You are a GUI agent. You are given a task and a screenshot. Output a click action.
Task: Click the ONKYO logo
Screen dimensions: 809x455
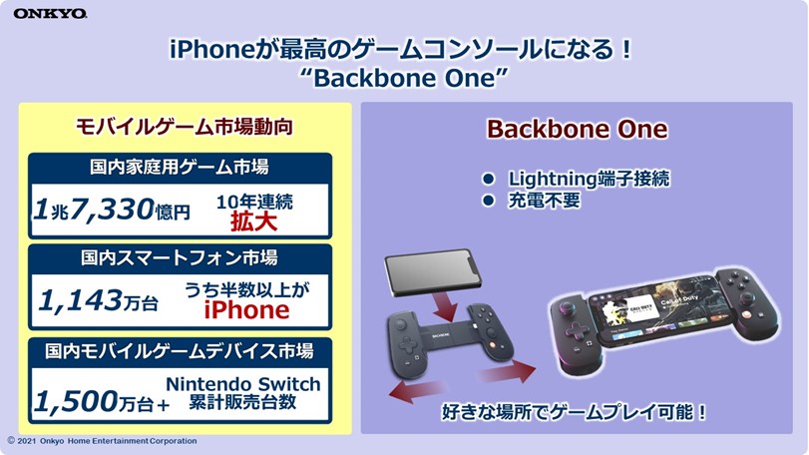(x=50, y=13)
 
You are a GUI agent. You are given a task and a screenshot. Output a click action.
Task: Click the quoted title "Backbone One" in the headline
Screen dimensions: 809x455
(x=404, y=78)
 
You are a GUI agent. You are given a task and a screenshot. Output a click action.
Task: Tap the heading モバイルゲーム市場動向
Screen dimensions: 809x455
(x=185, y=127)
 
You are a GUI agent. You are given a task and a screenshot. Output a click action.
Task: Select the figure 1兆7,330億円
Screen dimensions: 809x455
(x=112, y=210)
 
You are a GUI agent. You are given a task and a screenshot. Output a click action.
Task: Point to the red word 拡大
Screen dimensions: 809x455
(x=253, y=222)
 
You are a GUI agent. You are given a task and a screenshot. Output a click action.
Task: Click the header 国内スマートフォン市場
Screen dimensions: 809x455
(x=179, y=257)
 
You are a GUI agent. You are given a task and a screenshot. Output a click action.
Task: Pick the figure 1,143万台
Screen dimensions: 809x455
(x=98, y=300)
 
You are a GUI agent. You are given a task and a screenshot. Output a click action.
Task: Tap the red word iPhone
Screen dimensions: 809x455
(x=246, y=310)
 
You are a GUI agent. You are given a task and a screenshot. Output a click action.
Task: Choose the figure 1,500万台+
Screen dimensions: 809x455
(x=102, y=401)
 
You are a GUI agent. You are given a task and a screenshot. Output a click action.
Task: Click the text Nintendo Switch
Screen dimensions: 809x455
(x=243, y=384)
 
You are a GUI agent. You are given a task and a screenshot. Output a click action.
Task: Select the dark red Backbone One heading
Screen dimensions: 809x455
(x=577, y=129)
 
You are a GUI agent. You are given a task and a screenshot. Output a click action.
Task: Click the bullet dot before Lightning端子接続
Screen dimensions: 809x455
(x=488, y=179)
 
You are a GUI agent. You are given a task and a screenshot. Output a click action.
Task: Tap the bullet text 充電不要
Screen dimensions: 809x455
(x=544, y=201)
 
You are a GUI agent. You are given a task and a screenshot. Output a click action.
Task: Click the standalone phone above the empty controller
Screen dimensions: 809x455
(x=432, y=273)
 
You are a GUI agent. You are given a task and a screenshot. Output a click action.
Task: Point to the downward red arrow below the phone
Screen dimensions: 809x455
(x=444, y=305)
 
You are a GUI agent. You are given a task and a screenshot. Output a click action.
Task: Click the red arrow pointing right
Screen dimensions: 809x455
(x=507, y=371)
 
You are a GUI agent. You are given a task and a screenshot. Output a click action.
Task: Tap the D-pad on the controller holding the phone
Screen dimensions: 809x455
(x=577, y=329)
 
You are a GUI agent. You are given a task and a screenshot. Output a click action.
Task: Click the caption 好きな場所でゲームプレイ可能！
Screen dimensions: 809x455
(x=574, y=412)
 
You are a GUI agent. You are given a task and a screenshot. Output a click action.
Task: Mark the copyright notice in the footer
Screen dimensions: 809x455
(x=102, y=441)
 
